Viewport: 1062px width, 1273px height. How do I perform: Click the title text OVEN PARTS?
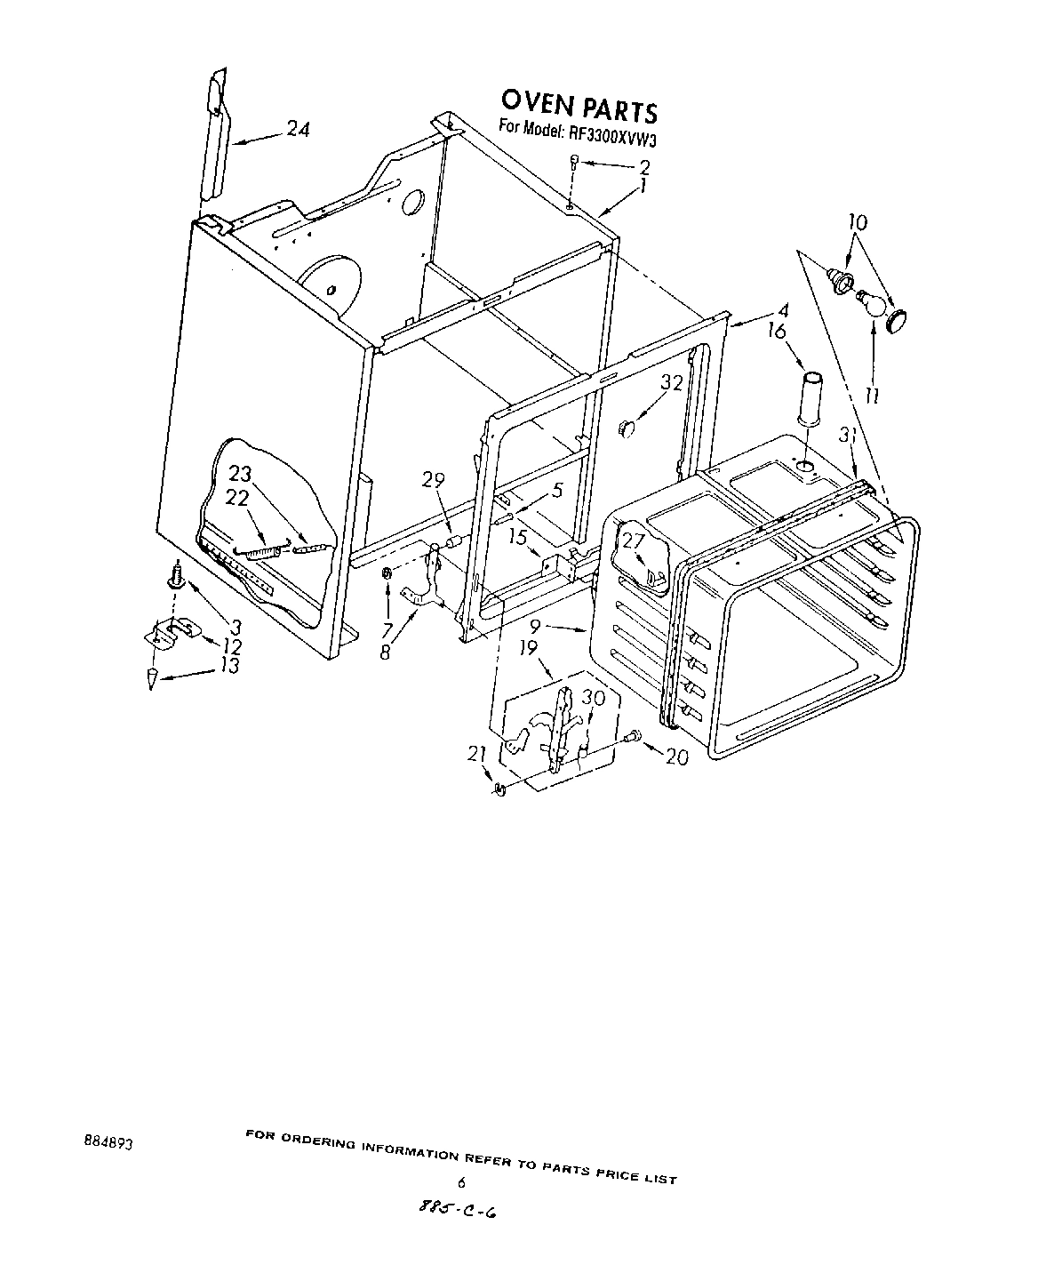click(579, 106)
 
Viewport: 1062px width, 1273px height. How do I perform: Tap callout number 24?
click(298, 129)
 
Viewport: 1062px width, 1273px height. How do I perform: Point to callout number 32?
click(672, 383)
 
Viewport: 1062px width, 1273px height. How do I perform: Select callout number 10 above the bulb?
click(858, 222)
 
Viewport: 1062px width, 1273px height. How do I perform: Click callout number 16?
click(776, 331)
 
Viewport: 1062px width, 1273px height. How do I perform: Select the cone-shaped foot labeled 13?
click(153, 678)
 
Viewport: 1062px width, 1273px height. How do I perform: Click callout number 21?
click(477, 755)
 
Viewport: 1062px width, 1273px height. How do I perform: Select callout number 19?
click(528, 648)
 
